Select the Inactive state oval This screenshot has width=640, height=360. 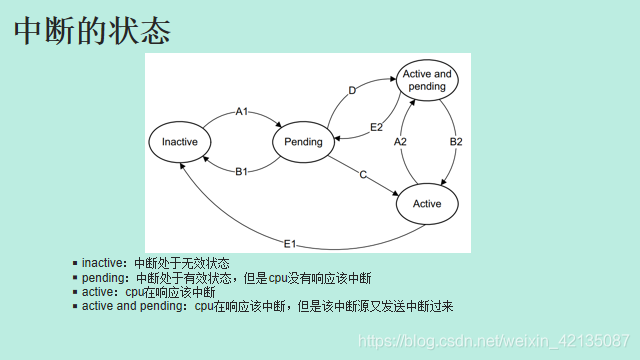tap(180, 142)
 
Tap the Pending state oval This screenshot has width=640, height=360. tap(303, 142)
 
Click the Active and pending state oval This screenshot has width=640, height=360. tap(427, 80)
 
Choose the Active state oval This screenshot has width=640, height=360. tap(427, 204)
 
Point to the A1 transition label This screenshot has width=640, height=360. tap(242, 111)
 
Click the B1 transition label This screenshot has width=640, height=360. tap(242, 172)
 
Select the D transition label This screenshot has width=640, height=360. tap(352, 91)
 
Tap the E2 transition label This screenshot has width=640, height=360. tap(376, 127)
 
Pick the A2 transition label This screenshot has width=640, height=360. tap(400, 142)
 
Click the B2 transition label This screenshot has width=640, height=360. tap(456, 142)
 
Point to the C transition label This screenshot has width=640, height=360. tap(363, 175)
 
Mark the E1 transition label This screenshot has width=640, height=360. tap(289, 243)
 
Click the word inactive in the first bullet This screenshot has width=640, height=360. tap(103, 263)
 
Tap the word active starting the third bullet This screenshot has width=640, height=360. tap(98, 292)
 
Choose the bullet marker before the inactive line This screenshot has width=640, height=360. tap(75, 263)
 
